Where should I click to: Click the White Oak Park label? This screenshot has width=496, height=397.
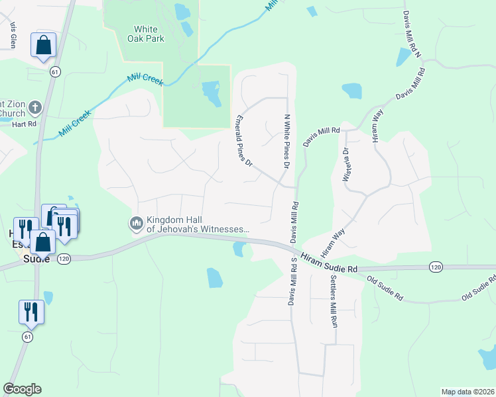click(x=146, y=34)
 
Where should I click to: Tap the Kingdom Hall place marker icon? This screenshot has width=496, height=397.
click(x=137, y=224)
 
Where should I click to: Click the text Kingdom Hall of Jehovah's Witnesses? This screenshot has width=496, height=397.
click(x=198, y=225)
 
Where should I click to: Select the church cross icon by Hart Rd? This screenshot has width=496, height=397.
click(x=35, y=107)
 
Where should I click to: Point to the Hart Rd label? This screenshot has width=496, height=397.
click(x=23, y=124)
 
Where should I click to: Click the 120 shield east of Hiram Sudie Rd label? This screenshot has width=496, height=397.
click(x=435, y=267)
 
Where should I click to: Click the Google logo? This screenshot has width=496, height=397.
click(x=22, y=388)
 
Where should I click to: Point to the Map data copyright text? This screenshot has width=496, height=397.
click(x=467, y=392)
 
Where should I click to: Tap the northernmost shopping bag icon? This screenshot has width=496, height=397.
click(x=44, y=46)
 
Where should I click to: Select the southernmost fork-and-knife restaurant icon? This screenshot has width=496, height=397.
click(x=31, y=312)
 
